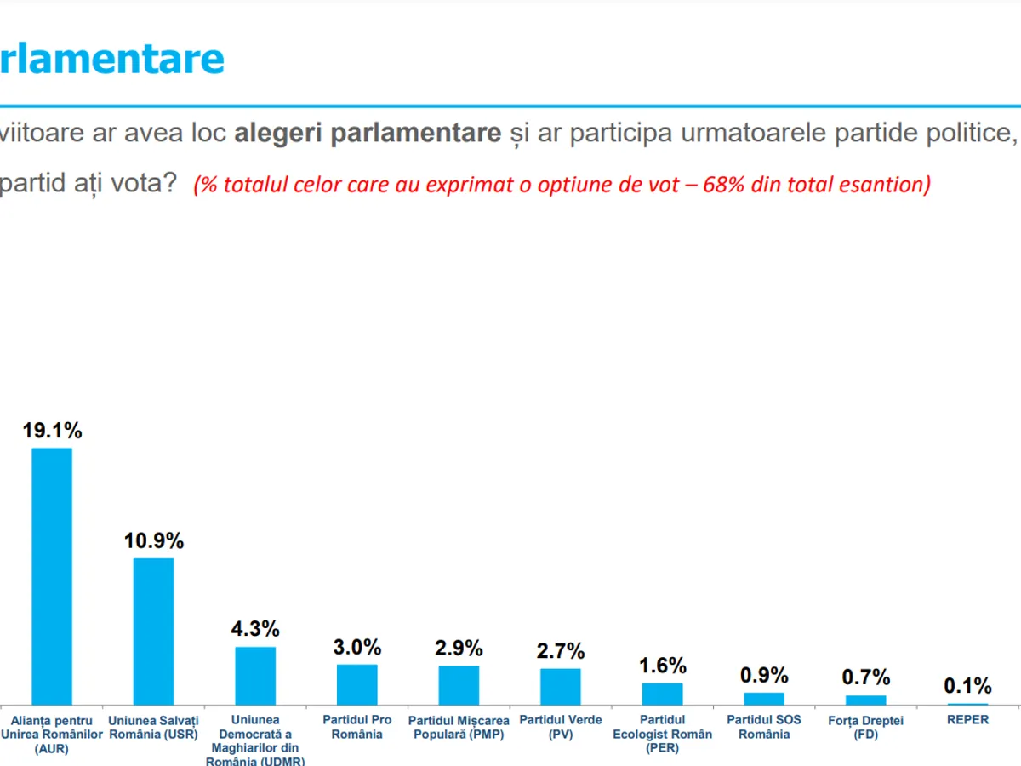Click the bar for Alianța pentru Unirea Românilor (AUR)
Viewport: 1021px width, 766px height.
52,575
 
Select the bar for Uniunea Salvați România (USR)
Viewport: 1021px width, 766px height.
153,631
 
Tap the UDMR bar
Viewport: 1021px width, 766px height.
255,675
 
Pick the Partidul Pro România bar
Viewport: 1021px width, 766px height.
356,683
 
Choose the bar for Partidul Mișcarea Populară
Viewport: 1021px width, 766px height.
459,684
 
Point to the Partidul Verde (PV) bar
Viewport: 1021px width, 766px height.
561,686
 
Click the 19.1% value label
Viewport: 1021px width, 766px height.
52,431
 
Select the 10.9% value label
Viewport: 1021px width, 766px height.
154,540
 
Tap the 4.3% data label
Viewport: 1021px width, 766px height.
255,629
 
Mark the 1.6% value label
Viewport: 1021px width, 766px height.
663,666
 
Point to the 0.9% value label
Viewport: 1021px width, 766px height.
764,675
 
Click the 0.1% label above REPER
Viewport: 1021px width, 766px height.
967,685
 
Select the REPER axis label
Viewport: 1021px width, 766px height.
967,720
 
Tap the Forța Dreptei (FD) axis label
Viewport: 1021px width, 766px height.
866,728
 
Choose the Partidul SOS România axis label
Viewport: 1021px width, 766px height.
764,727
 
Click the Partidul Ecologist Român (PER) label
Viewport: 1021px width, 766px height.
663,734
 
